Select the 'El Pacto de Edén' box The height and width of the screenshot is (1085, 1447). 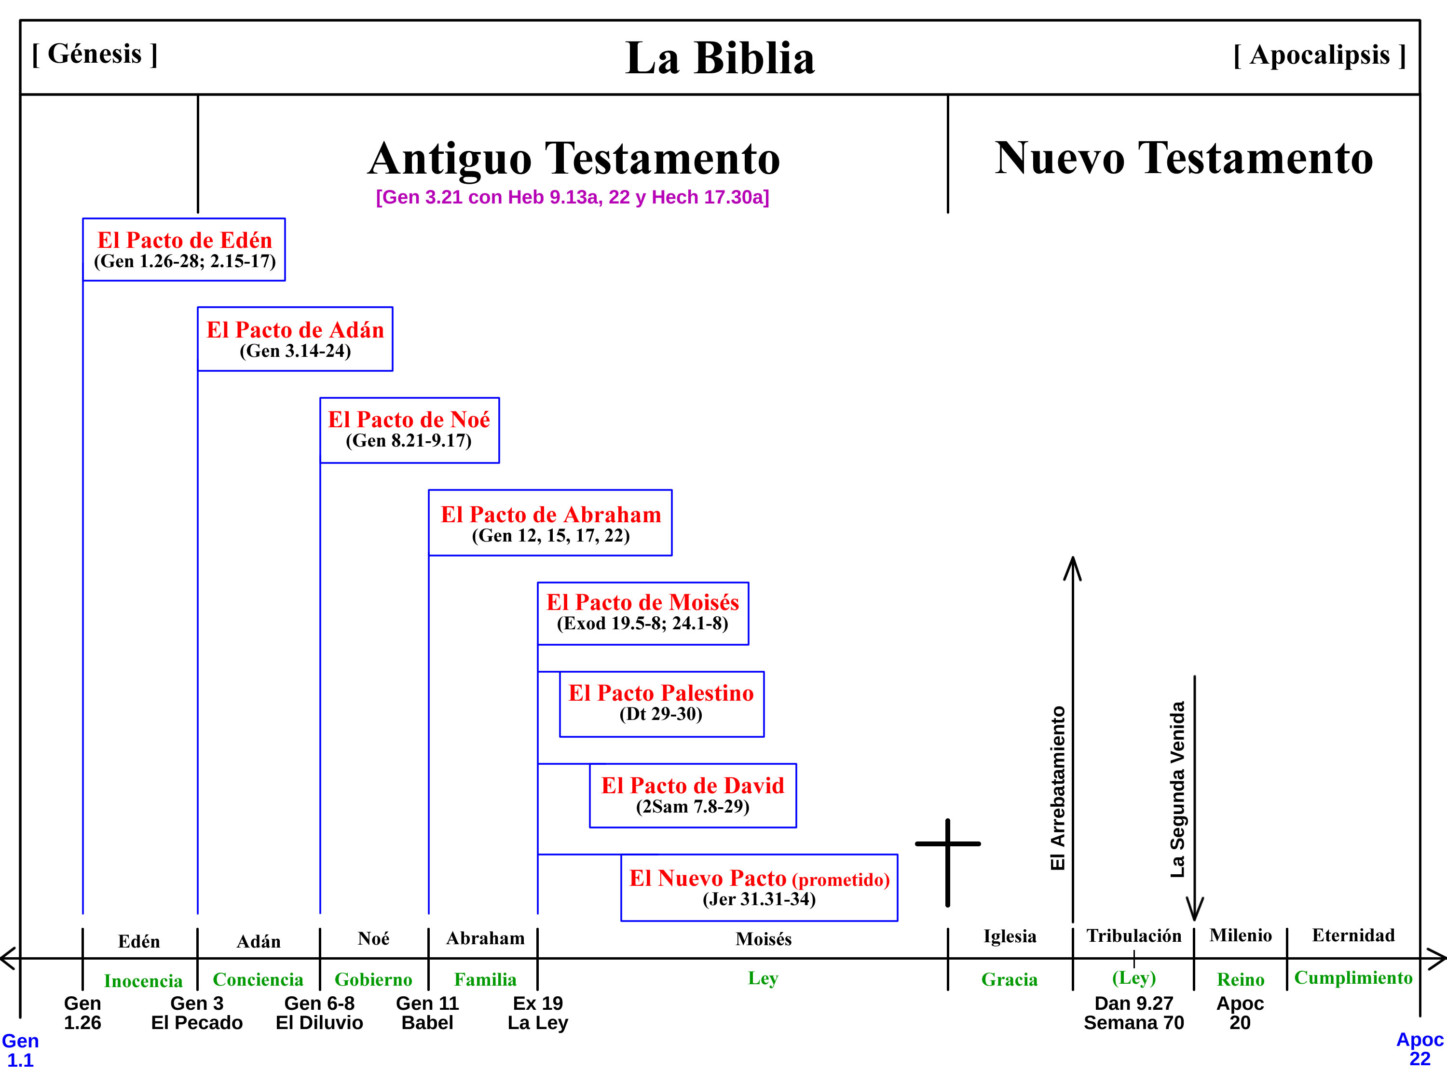[x=184, y=250]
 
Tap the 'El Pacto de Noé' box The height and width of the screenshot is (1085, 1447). [x=409, y=430]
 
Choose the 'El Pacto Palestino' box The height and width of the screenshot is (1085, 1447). [x=661, y=704]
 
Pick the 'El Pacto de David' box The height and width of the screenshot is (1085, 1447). [x=692, y=795]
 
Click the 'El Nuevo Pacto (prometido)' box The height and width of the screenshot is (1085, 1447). [x=759, y=887]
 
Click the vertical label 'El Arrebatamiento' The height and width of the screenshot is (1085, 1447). [x=1058, y=788]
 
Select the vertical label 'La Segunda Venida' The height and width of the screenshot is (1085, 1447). [x=1177, y=789]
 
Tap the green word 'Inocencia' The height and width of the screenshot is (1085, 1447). [x=143, y=981]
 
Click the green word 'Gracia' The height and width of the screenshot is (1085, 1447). [x=1010, y=980]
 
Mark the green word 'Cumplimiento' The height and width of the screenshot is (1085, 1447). [x=1353, y=978]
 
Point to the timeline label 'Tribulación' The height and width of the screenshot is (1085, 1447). [x=1133, y=936]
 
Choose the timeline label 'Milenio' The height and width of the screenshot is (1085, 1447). [x=1240, y=935]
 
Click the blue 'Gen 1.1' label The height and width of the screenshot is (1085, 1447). [x=20, y=1050]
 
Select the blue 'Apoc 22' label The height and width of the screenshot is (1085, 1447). [x=1420, y=1048]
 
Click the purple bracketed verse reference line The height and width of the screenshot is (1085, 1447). [x=573, y=197]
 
